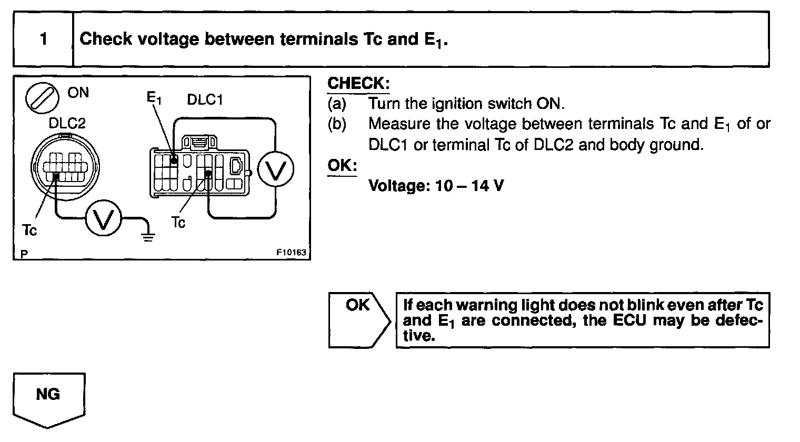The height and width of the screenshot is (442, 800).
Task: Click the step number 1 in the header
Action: (43, 39)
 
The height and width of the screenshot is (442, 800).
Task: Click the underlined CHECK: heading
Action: (358, 84)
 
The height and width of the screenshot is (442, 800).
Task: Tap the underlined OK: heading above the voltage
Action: (342, 165)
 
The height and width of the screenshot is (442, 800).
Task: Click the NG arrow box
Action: (48, 397)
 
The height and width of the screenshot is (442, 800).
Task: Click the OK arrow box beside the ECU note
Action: (358, 318)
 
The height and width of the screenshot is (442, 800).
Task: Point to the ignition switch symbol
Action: (42, 98)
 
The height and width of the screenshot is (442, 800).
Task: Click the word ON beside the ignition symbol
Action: (78, 93)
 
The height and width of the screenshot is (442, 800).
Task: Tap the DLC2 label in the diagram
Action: (67, 123)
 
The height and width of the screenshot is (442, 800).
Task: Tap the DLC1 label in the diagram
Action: (205, 100)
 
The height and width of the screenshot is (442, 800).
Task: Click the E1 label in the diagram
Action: (154, 98)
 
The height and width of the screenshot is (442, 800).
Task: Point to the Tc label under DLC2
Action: (30, 230)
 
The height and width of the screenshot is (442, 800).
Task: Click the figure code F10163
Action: (291, 253)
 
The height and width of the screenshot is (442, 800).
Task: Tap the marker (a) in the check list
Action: (337, 104)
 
